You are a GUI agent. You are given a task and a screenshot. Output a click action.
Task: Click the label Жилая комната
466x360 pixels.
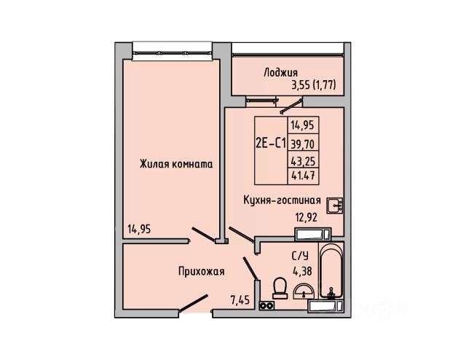click(176, 165)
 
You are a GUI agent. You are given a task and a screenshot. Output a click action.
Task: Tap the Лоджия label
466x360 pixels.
click(280, 72)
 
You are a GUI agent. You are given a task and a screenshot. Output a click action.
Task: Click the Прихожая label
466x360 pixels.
click(201, 271)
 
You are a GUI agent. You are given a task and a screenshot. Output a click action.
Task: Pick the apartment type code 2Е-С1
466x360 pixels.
click(270, 144)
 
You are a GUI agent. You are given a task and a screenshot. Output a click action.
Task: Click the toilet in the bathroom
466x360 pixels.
click(277, 289)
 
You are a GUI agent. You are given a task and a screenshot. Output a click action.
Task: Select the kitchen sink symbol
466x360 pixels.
click(336, 205)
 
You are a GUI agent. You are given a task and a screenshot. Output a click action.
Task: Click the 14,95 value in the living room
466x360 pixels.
click(142, 230)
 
